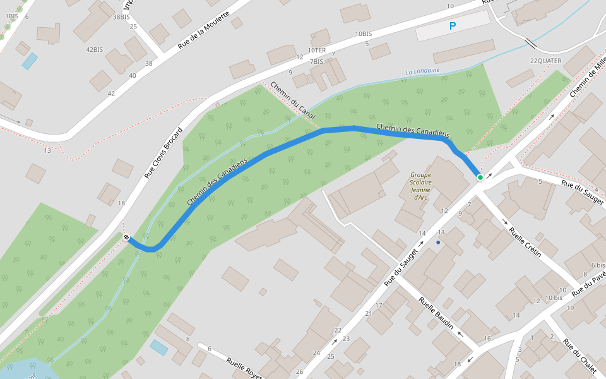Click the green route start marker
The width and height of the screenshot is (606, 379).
(480, 177)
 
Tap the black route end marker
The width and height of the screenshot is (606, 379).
(127, 238)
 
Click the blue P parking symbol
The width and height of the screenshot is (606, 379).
(452, 26)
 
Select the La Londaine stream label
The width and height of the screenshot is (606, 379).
(422, 71)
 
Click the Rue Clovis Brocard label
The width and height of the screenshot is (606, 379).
(163, 153)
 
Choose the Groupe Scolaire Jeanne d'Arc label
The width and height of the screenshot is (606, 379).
(420, 186)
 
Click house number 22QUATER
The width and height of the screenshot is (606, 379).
(545, 61)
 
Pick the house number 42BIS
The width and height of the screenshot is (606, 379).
(94, 50)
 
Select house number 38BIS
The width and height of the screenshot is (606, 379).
(121, 17)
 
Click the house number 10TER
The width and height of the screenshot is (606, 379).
(317, 50)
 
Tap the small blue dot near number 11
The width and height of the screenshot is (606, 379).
(438, 242)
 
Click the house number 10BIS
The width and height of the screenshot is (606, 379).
(363, 33)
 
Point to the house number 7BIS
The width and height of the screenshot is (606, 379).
(316, 61)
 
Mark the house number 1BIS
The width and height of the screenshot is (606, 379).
(11, 16)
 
